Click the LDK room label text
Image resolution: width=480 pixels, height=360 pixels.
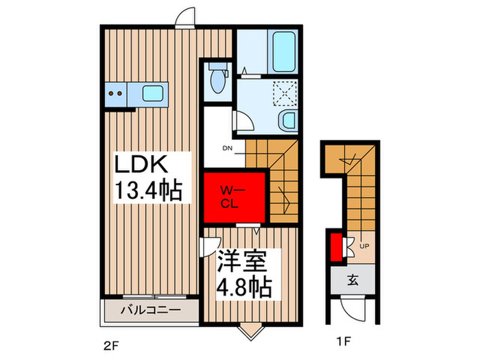point(141,164)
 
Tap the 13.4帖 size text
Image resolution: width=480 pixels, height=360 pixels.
point(149,191)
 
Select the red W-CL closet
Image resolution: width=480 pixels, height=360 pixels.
point(235,197)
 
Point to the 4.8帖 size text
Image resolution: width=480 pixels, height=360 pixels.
point(244,287)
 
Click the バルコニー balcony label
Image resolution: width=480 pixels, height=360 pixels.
point(151,311)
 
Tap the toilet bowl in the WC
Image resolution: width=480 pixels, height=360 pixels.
point(217,81)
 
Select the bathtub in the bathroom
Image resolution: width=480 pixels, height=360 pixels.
point(284,51)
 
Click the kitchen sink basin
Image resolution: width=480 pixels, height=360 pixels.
point(152,93)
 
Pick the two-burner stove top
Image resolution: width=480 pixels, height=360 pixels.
point(116,93)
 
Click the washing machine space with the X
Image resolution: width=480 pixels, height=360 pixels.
point(285,93)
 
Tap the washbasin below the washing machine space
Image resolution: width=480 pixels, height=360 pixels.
point(288,120)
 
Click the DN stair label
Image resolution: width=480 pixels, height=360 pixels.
point(227,149)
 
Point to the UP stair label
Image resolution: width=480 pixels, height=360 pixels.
point(364,245)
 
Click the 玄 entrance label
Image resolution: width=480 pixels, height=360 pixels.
point(353,280)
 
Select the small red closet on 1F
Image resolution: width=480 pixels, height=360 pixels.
point(336,248)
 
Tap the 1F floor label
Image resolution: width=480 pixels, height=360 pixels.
point(344,341)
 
